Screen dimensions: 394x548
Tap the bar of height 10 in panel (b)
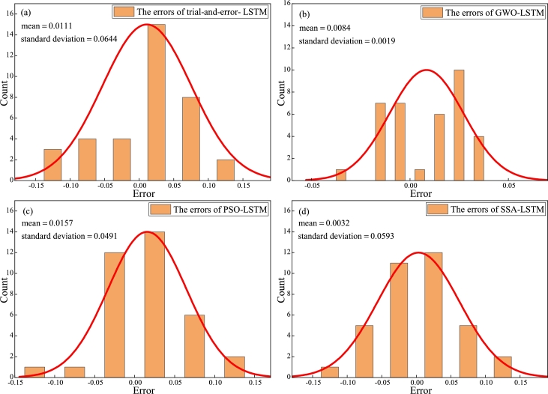(x=458, y=124)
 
